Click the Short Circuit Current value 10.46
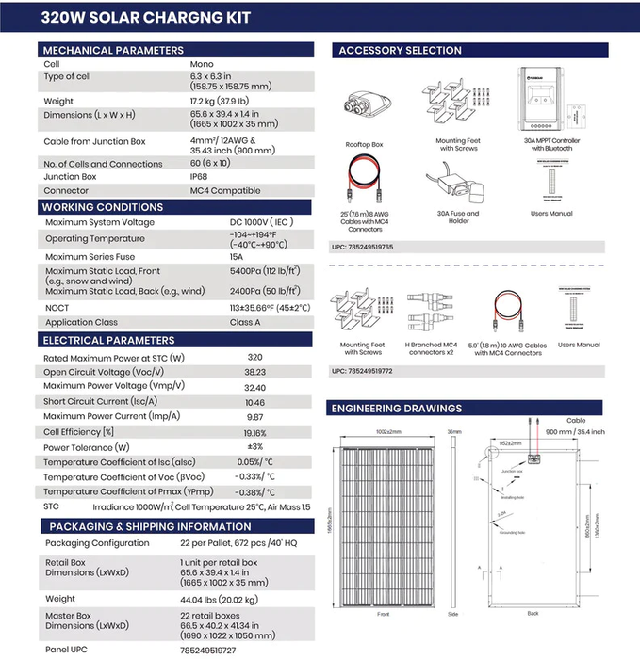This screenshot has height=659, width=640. (254, 401)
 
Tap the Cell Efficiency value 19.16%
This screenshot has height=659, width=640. (254, 432)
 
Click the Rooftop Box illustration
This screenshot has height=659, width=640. (364, 105)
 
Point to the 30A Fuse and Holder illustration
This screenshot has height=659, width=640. (459, 185)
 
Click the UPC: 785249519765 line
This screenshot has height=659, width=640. (363, 247)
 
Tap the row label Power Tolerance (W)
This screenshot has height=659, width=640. (87, 447)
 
